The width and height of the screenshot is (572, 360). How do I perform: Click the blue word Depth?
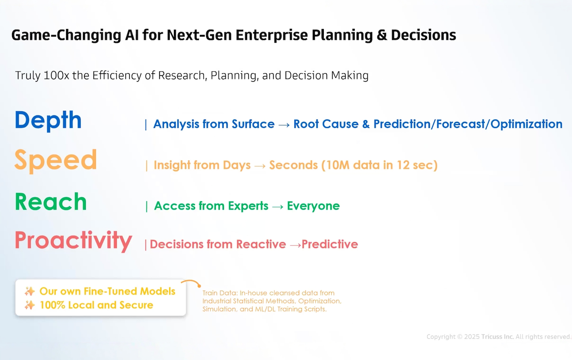(x=48, y=120)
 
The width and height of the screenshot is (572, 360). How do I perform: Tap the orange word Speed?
(x=56, y=160)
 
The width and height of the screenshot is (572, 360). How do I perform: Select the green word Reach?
(x=51, y=202)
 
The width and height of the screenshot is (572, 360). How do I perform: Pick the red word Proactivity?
(x=73, y=240)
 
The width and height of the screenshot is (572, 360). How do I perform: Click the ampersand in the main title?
(x=382, y=35)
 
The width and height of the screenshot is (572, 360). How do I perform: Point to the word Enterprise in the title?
(x=272, y=36)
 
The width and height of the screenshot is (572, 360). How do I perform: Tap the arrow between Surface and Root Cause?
(x=284, y=125)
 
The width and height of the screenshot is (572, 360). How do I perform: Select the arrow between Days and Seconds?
(x=260, y=166)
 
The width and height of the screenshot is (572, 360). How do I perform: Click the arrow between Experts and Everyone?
(x=278, y=206)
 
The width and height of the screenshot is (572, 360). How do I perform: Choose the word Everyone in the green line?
(x=313, y=206)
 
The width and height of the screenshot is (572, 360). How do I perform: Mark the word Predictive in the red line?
(x=330, y=244)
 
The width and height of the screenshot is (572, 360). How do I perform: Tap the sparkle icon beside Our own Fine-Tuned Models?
(x=30, y=291)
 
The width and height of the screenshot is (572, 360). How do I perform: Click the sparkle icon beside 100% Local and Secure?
(x=30, y=305)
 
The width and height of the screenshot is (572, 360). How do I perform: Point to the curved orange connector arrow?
(x=191, y=282)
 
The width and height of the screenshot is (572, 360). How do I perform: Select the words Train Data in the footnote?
(x=220, y=293)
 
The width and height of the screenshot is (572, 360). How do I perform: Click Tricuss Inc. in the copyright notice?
(x=497, y=337)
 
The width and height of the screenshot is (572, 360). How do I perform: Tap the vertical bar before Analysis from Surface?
(x=146, y=125)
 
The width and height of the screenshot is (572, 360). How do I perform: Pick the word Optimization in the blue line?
(x=526, y=124)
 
